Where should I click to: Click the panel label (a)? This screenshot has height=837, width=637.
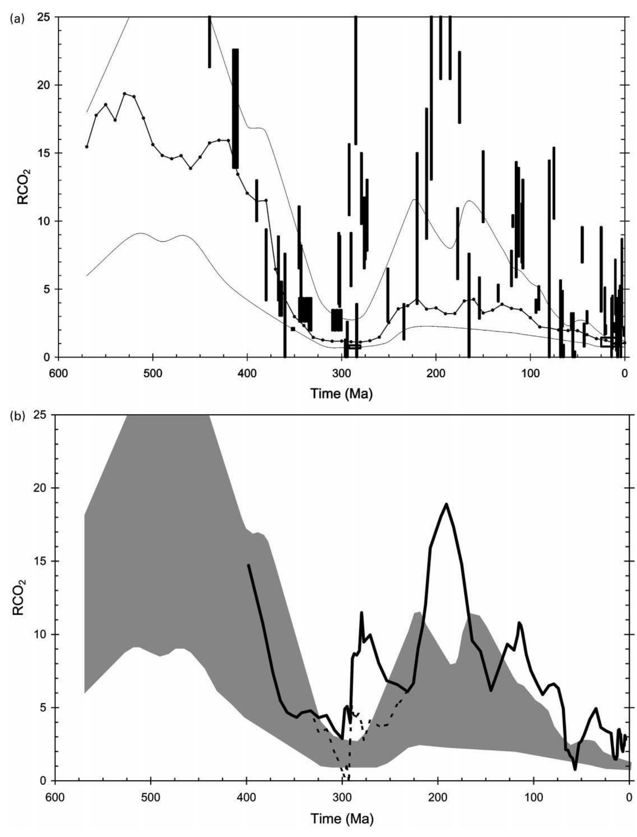pos(17,19)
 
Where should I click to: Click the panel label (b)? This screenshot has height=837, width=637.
pos(17,417)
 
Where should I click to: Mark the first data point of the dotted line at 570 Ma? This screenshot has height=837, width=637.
pos(87,146)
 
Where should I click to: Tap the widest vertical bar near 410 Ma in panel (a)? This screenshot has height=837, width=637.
pos(236,108)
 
